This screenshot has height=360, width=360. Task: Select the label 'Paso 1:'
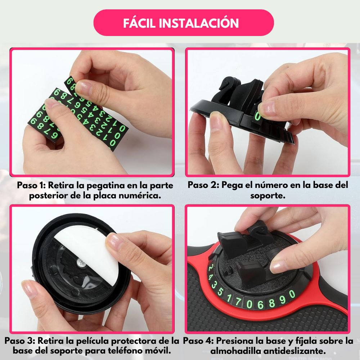(31, 185)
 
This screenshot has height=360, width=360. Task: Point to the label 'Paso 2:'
(203, 185)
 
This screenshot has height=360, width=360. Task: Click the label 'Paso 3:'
(20, 341)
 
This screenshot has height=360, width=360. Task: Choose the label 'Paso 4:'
(198, 341)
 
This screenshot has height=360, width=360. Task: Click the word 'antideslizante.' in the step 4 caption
(294, 351)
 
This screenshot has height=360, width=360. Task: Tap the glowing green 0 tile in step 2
(258, 116)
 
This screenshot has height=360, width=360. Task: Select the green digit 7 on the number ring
(238, 301)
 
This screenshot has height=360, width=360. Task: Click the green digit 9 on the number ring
(283, 299)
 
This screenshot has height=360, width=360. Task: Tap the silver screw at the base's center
(81, 262)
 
